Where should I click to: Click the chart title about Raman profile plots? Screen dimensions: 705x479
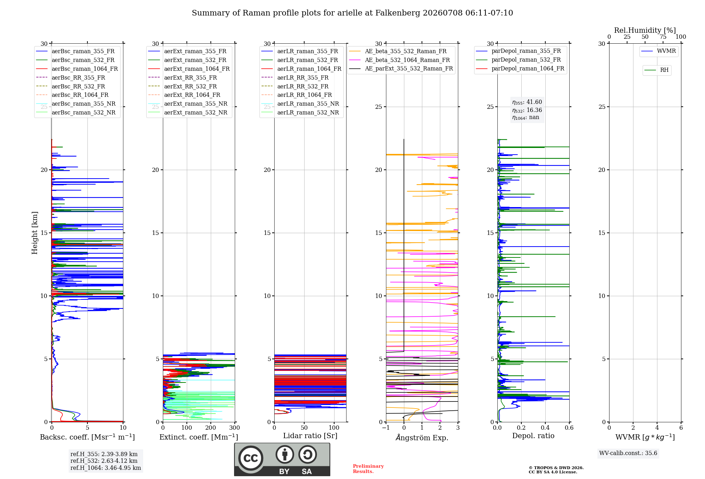coord(352,13)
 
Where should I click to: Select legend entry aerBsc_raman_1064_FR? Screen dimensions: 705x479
coord(77,69)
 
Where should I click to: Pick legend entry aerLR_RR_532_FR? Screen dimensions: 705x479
coord(295,86)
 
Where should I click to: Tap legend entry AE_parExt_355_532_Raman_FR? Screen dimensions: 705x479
coord(401,68)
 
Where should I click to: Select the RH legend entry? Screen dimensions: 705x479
coord(657,70)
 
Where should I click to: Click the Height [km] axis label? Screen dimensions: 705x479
coord(35,233)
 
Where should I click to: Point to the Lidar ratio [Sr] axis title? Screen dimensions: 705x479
coord(310,436)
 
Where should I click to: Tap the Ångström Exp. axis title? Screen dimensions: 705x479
coord(422,437)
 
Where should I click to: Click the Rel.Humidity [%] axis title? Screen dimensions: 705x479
coord(645,30)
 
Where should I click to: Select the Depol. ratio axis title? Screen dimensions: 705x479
coord(533,436)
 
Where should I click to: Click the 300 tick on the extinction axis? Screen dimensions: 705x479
coord(235,428)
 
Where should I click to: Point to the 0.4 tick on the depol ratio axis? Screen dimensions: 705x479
coord(545,428)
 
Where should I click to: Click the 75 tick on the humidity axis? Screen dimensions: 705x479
coord(663,37)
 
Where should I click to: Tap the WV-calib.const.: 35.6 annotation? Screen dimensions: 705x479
coord(628,453)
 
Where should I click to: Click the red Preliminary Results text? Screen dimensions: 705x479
coord(368,469)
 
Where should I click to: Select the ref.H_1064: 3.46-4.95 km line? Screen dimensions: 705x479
coord(106,468)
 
